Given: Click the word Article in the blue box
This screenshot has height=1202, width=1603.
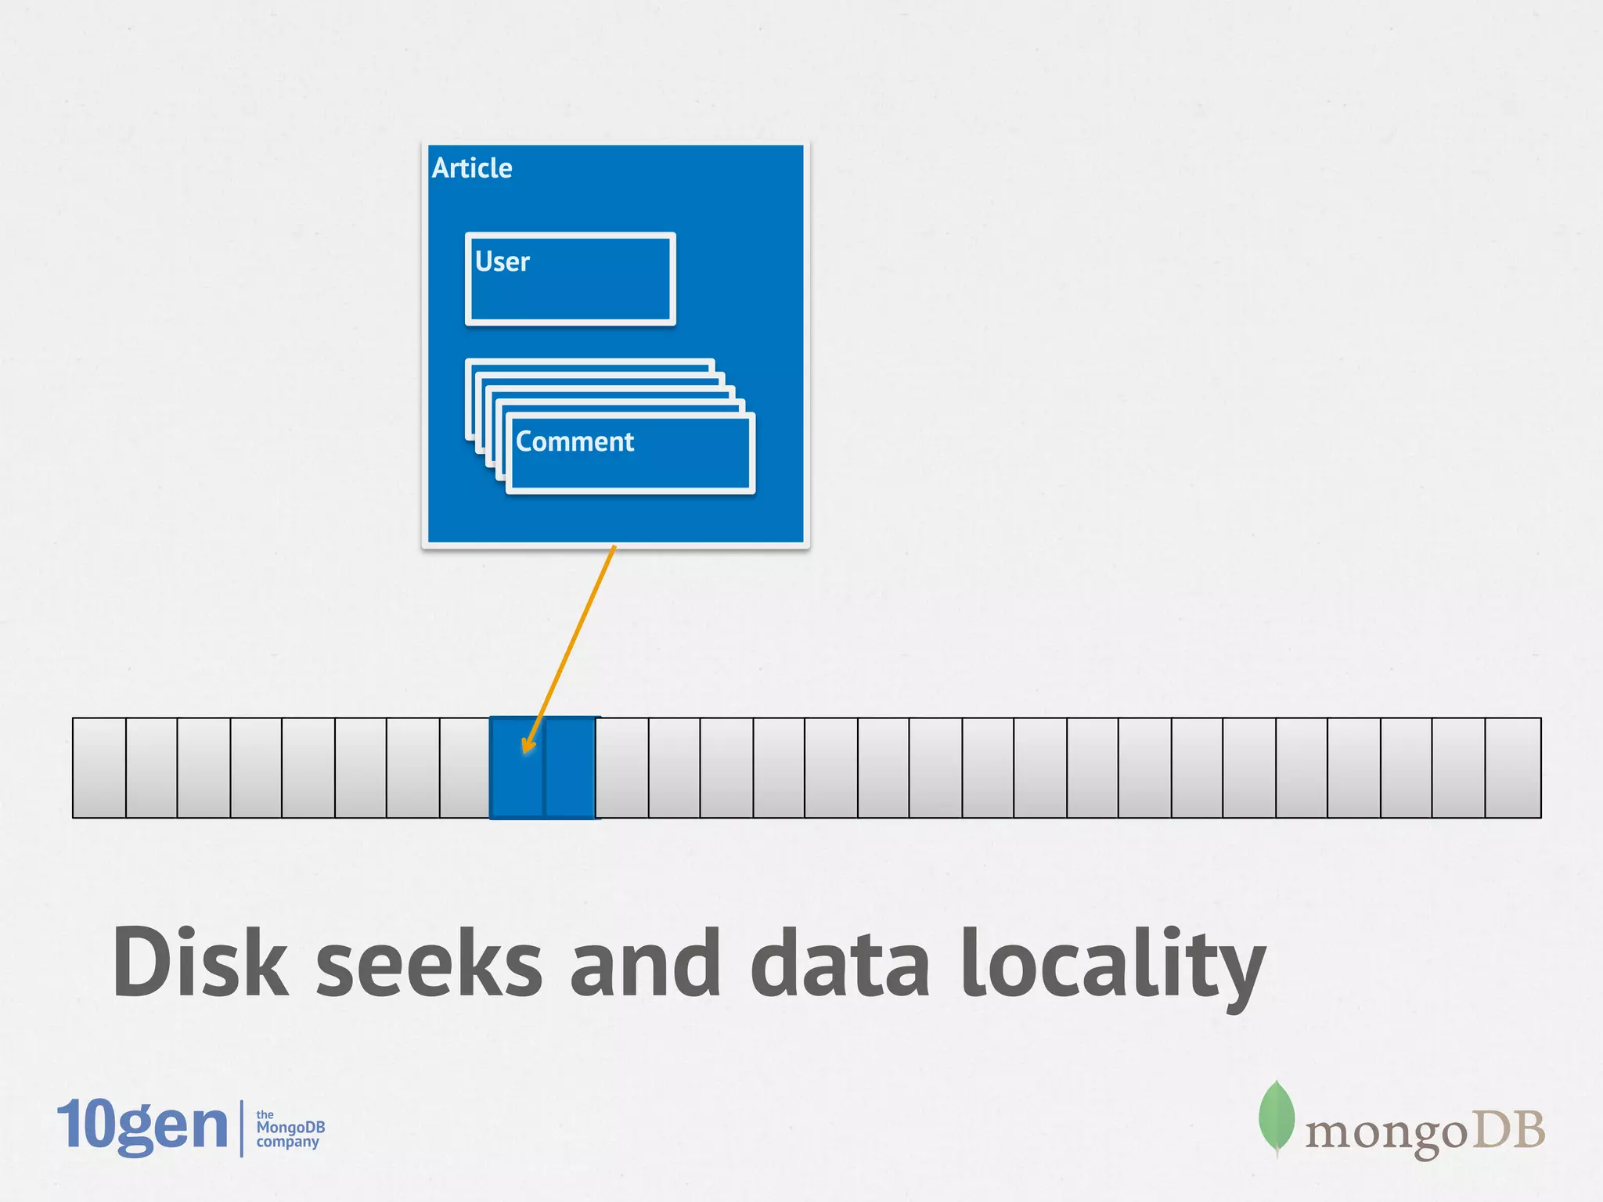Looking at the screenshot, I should click(472, 168).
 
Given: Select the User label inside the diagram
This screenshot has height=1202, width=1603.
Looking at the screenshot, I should click(502, 261).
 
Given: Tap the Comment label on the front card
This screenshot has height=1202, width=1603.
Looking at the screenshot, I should click(575, 442).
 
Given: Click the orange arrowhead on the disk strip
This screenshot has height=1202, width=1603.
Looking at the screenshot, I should click(528, 744).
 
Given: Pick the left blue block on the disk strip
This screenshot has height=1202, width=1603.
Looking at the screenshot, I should click(517, 768).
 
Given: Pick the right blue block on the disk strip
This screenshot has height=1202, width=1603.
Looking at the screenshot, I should click(570, 768).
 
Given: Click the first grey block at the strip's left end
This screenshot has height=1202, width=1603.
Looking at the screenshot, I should click(99, 768).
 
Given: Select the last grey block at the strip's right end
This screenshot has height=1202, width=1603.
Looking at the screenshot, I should click(1513, 768).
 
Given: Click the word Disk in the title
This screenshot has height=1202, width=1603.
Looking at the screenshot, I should click(200, 963).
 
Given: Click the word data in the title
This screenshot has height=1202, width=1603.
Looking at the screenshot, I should click(841, 963).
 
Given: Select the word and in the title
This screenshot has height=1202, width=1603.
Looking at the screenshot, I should click(645, 963).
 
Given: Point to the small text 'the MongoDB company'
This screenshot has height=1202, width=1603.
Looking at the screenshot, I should click(289, 1128).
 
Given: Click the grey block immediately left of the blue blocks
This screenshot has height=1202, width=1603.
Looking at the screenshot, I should click(465, 768).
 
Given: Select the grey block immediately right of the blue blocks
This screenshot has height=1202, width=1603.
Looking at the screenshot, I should click(622, 768).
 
